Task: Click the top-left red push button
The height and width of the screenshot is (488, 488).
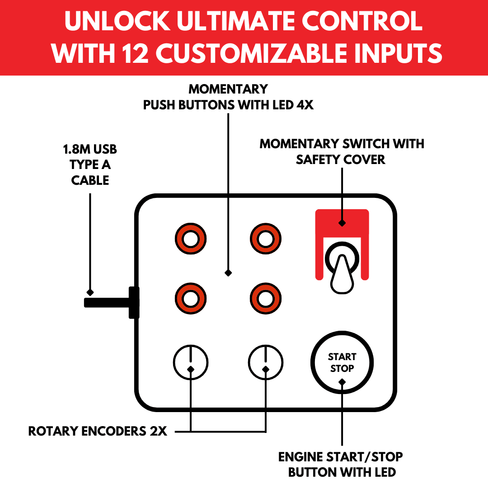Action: [191, 239]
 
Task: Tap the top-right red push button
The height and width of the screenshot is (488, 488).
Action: [266, 239]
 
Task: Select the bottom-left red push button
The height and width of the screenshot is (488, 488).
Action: [191, 299]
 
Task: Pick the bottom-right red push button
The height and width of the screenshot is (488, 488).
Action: [266, 299]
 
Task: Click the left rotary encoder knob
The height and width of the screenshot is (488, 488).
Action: [191, 362]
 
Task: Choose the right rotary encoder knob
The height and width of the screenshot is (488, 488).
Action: [266, 362]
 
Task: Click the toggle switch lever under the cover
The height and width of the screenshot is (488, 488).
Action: [342, 273]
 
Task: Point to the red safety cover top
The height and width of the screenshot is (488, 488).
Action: [342, 217]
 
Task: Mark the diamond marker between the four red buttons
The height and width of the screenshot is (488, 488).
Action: [228, 272]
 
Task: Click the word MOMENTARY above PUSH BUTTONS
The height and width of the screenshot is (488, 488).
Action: [228, 89]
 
